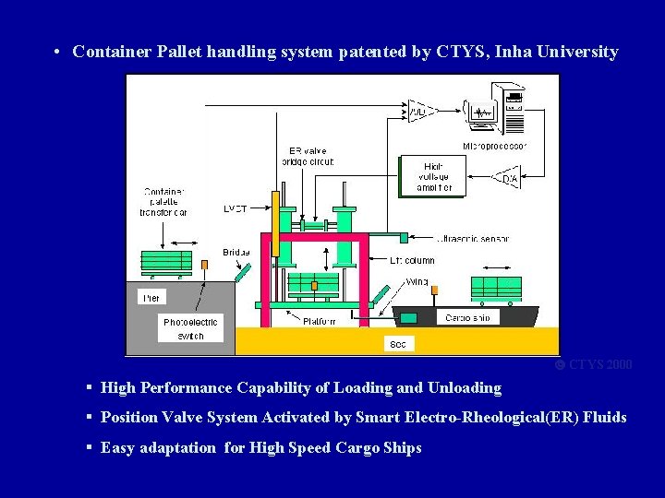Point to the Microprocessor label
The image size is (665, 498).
point(494,146)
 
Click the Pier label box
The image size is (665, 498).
point(151,298)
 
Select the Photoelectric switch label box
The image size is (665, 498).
point(190,328)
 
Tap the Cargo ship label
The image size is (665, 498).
point(471,317)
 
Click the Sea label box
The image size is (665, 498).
point(397,343)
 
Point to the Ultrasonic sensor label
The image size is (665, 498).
point(472,238)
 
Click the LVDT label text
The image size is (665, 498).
point(236,209)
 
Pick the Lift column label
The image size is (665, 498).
point(411,261)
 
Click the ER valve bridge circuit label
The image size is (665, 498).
point(307,156)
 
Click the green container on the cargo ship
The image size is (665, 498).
point(496,287)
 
